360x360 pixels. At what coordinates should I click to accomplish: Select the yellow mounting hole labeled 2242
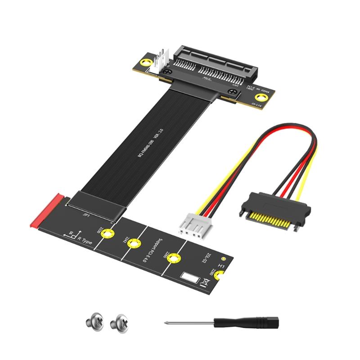click(133, 244)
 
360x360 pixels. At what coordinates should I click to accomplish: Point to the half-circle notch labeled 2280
click(220, 276)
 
